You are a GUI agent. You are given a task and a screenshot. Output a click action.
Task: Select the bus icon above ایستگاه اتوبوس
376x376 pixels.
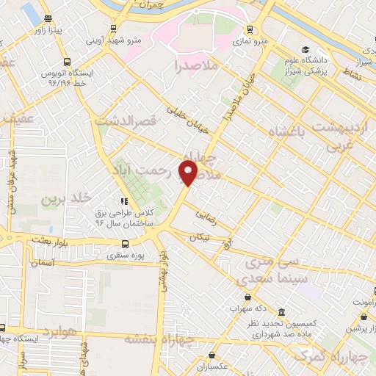tap(68, 62)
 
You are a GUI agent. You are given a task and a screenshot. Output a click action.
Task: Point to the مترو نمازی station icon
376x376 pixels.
tap(250, 30)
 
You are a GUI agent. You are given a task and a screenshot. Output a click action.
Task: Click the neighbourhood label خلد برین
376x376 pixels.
tap(58, 199)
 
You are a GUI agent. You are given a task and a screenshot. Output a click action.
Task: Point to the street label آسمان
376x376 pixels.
tap(43, 262)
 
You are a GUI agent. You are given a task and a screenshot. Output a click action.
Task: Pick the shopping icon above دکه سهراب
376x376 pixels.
tap(247, 297)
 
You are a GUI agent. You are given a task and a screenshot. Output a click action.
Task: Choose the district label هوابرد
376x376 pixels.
tap(51, 333)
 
